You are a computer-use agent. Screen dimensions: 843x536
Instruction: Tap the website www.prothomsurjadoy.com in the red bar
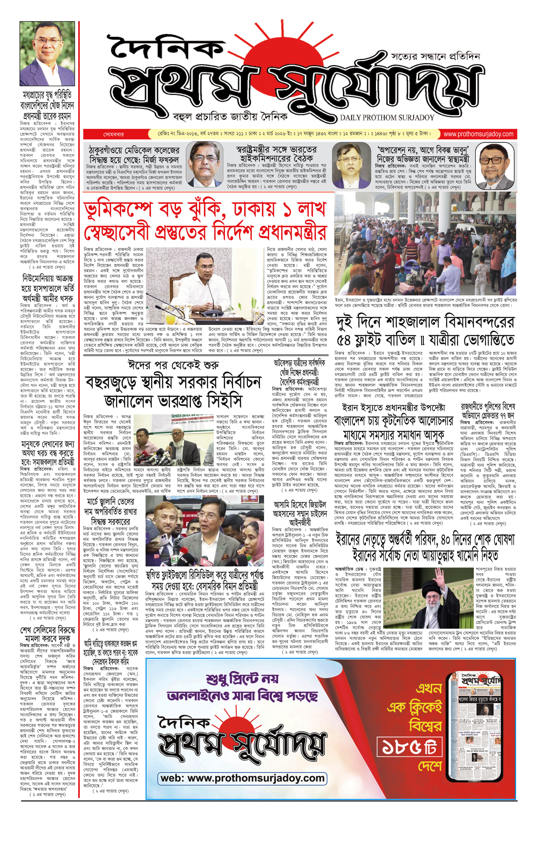pyautogui.click(x=478, y=134)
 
